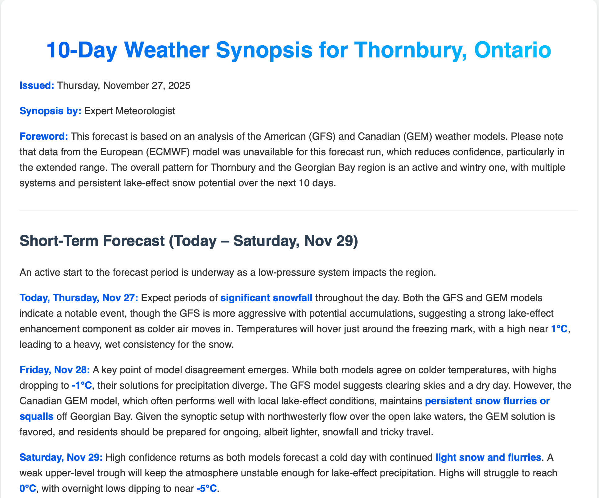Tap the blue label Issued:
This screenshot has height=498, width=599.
(x=37, y=85)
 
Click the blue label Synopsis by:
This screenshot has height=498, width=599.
(x=50, y=111)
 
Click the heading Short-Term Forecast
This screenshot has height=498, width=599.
(x=92, y=241)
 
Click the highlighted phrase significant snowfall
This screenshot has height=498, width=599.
(x=266, y=298)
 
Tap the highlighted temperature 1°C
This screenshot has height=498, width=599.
(x=559, y=329)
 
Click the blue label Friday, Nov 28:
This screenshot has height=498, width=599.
(x=55, y=370)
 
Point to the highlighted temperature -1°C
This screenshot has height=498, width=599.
(x=82, y=386)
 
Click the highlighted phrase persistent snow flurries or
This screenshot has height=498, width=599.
(x=487, y=401)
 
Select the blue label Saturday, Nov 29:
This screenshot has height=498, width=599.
(x=61, y=457)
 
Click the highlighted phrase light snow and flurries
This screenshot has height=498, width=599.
(x=488, y=457)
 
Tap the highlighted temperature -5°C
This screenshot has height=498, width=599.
(x=206, y=489)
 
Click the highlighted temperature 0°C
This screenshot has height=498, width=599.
(x=28, y=489)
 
